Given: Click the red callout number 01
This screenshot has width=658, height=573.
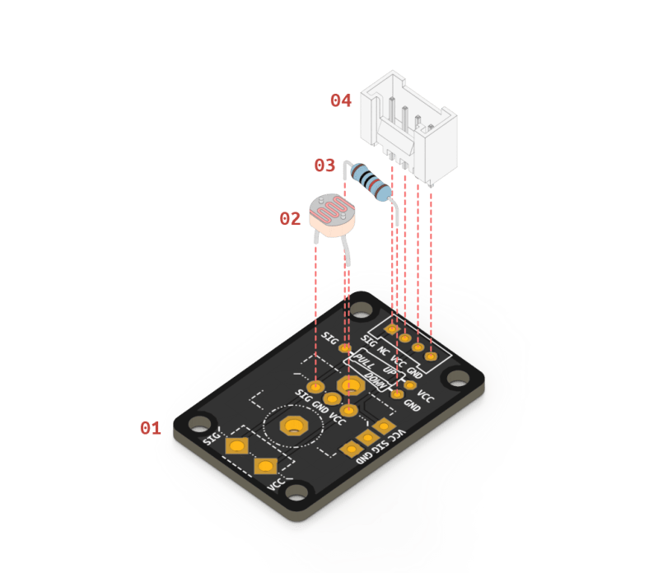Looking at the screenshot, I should point(150,428).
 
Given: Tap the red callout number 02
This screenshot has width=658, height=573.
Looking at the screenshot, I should point(290,219).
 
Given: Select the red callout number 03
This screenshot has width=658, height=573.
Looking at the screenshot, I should point(324,165).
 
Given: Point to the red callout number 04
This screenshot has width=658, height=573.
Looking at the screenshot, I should point(341,100).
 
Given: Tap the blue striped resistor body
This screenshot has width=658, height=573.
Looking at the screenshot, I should point(370,182).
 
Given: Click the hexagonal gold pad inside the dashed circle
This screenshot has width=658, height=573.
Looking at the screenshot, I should point(292,426).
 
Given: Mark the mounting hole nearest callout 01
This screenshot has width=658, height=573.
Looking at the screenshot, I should point(198,424).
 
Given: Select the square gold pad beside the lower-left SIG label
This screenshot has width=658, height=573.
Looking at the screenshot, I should point(237,445).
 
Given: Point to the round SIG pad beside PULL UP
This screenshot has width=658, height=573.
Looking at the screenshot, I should point(345,349).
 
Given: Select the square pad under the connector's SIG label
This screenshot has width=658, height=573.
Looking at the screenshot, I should point(393,329).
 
